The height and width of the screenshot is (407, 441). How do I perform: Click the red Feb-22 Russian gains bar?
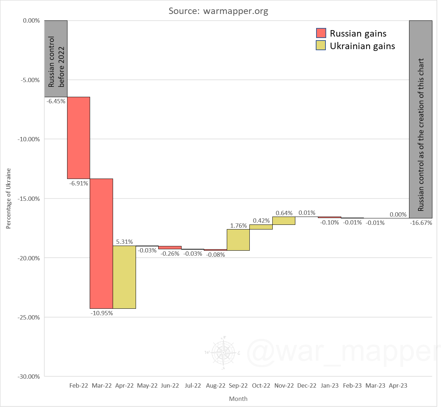[x=79, y=138]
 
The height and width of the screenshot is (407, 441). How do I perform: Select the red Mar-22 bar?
[x=102, y=243]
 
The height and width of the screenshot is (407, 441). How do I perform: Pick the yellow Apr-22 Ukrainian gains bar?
[x=125, y=277]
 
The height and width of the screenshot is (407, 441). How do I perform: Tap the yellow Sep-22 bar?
[x=238, y=240]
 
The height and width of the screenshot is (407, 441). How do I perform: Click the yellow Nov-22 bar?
[x=284, y=221]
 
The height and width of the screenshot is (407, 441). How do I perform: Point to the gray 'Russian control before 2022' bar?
[x=56, y=59]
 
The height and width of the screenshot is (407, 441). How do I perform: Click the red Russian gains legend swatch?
[x=321, y=33]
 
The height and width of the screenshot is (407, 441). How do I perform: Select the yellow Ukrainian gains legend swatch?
[x=321, y=46]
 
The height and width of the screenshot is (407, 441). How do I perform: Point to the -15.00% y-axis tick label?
[x=29, y=198]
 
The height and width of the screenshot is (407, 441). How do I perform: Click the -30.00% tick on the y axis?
[x=29, y=377]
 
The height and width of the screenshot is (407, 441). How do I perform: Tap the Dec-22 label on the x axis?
[x=307, y=386]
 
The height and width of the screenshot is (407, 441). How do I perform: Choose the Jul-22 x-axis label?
[x=193, y=386]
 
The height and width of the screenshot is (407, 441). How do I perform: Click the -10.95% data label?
[x=102, y=313]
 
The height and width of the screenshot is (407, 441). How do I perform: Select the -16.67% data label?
[x=421, y=223]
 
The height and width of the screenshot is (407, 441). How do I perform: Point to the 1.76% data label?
[x=238, y=226]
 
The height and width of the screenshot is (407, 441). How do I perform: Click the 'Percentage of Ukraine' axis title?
[x=9, y=198]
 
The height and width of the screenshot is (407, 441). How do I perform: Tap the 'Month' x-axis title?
[x=238, y=399]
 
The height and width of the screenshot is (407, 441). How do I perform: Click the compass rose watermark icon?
[x=223, y=353]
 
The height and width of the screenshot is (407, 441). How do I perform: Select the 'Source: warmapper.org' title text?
[x=219, y=11]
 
